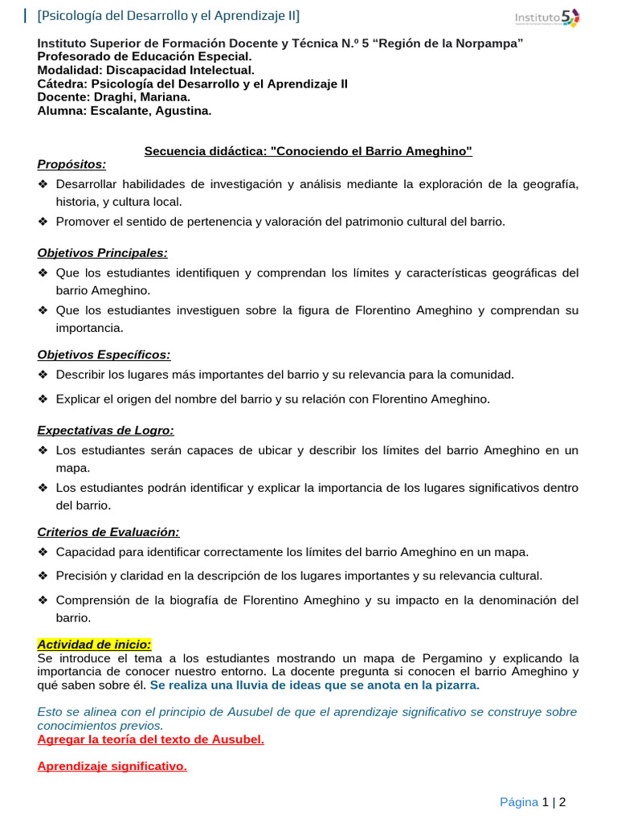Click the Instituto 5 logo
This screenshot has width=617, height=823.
point(546,18)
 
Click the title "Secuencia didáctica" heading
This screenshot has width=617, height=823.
point(308,151)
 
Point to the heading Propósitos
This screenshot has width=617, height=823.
point(72,165)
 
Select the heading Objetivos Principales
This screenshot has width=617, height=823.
point(102,253)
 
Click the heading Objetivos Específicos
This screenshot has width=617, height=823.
point(104,354)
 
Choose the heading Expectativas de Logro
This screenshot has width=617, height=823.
point(105,431)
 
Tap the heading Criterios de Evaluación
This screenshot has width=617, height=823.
point(108,532)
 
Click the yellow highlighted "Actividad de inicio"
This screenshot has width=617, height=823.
point(94,645)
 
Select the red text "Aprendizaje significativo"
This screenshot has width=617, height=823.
point(112,766)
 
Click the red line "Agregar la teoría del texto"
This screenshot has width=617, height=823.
point(150,739)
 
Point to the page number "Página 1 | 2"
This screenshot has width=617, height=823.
point(533,801)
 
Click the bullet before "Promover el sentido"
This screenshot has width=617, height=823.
point(43,222)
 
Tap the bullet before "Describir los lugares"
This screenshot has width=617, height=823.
point(43,375)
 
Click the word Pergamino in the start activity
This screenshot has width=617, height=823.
point(411,658)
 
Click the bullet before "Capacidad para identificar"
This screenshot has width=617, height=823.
point(43,552)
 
